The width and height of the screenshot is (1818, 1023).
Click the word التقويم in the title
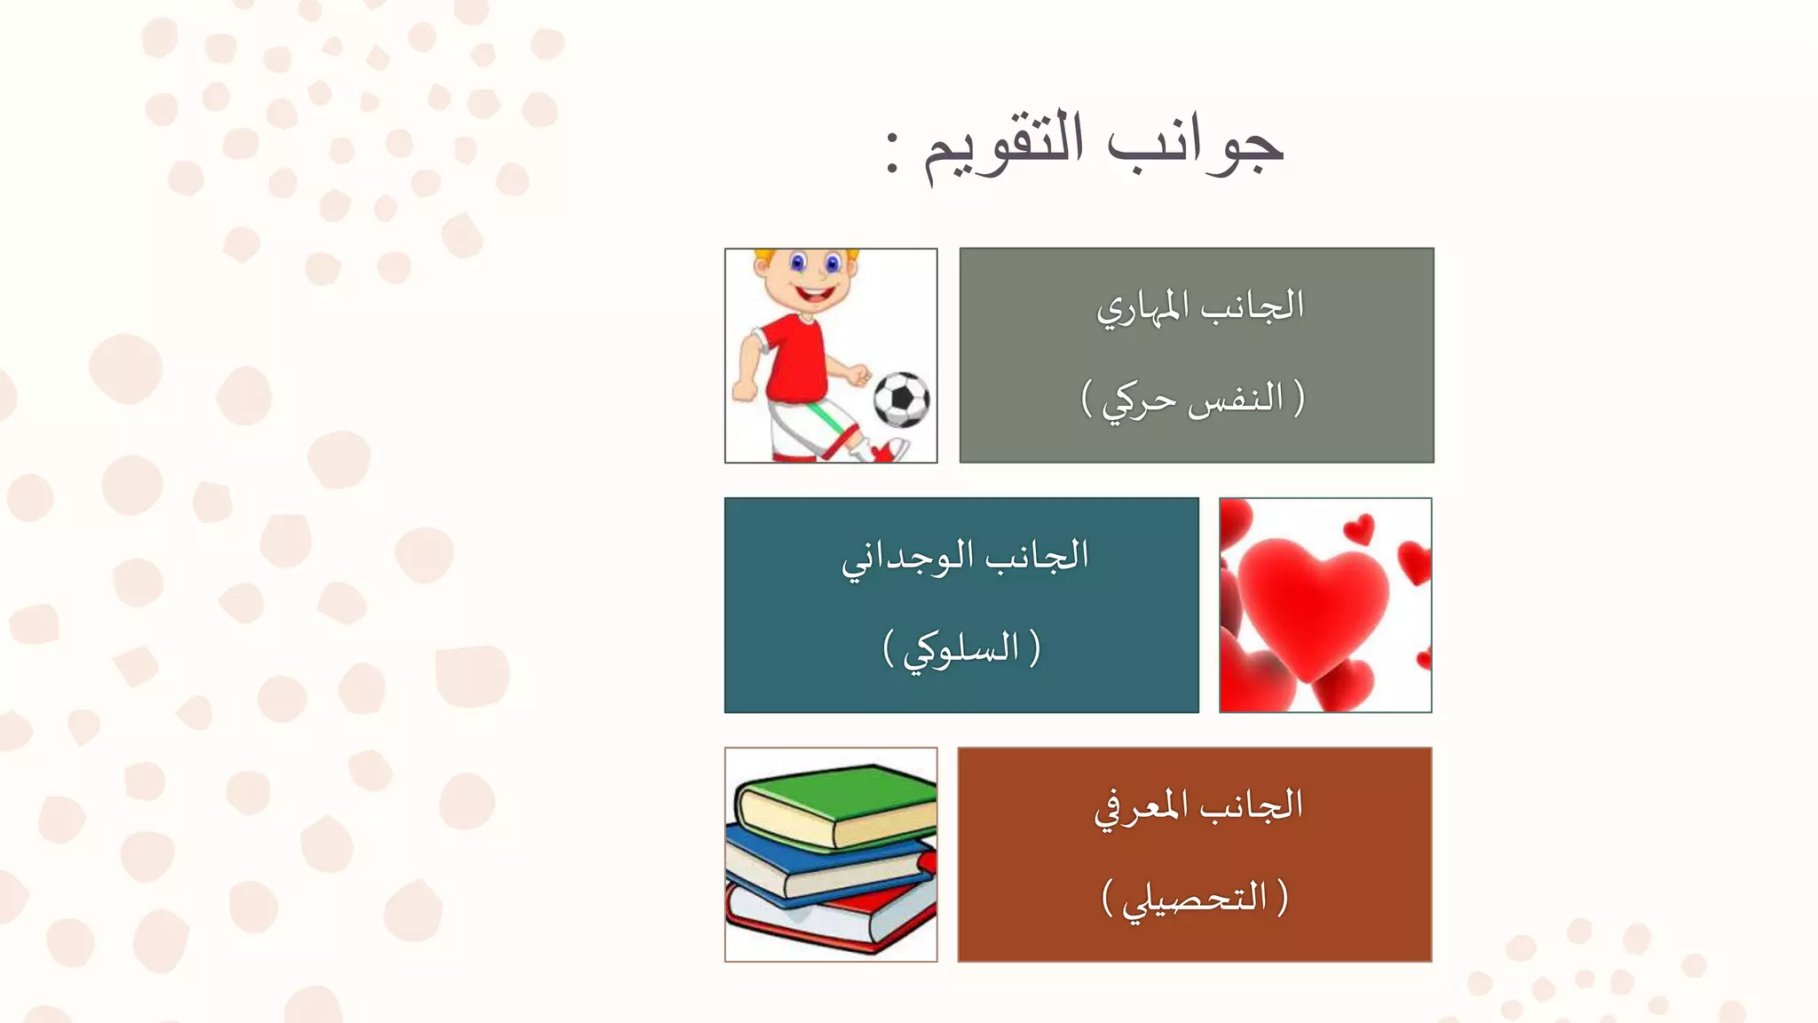pyautogui.click(x=1004, y=147)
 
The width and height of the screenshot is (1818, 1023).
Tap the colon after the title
pyautogui.click(x=893, y=152)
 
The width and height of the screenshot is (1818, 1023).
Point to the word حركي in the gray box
pyautogui.click(x=1139, y=400)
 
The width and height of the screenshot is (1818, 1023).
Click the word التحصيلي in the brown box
pyautogui.click(x=1194, y=899)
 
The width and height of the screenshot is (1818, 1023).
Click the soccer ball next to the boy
pyautogui.click(x=901, y=400)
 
